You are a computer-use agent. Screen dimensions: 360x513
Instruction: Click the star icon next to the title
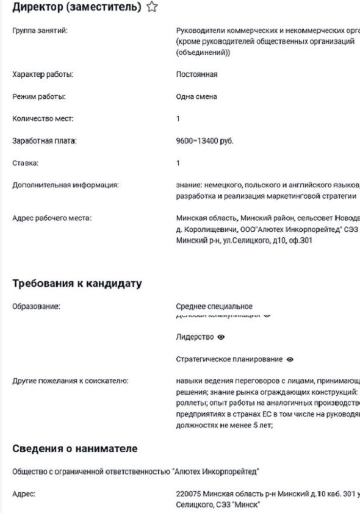pyautogui.click(x=153, y=7)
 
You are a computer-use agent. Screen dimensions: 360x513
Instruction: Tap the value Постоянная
pyautogui.click(x=196, y=74)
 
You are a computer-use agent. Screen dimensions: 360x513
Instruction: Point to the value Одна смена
pyautogui.click(x=196, y=96)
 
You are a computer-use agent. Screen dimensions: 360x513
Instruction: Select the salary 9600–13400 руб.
pyautogui.click(x=204, y=141)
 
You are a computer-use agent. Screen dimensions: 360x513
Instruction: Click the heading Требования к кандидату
pyautogui.click(x=77, y=284)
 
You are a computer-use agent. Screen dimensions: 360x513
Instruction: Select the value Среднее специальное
pyautogui.click(x=214, y=306)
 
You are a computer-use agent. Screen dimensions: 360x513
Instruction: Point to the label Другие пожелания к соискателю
pyautogui.click(x=70, y=381)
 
